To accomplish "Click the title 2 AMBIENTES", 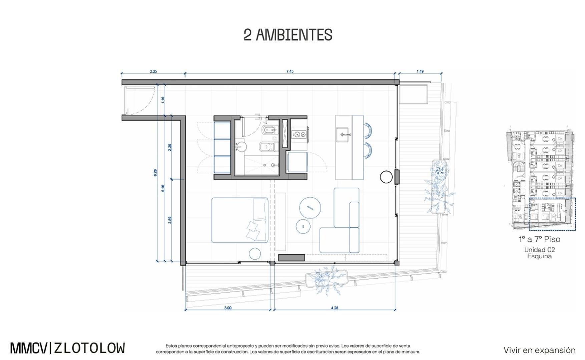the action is click(288, 35).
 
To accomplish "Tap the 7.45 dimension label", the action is click(290, 71).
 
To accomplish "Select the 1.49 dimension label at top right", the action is click(420, 71).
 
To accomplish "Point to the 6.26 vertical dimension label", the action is click(155, 173).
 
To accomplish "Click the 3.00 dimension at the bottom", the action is click(228, 308).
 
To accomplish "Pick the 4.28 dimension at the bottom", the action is click(335, 308).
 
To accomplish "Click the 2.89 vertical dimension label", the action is click(170, 220).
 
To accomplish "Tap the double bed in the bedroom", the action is click(239, 220).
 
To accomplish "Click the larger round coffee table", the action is click(310, 208).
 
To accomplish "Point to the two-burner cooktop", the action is click(299, 134).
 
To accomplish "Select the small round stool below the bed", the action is click(255, 253).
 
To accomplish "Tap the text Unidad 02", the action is click(539, 250).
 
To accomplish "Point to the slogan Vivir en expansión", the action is click(539, 350).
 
